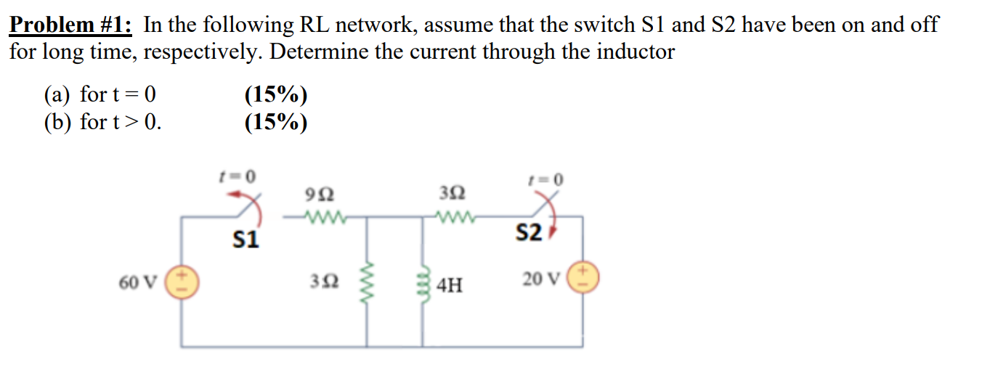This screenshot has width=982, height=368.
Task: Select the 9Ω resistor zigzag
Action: [321, 216]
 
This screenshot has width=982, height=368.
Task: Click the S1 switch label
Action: [245, 240]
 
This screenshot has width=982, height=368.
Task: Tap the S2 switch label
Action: [528, 233]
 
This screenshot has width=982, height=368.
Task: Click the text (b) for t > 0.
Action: [102, 122]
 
